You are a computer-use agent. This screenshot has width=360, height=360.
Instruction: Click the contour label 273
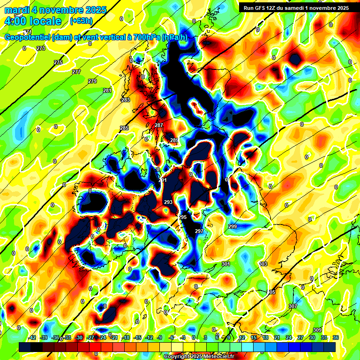41,48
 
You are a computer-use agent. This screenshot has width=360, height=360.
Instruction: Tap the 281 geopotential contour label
107,90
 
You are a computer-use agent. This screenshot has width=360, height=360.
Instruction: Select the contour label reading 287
159,125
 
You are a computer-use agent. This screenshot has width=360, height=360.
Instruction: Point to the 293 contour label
168,202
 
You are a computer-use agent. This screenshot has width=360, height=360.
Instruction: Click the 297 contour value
199,231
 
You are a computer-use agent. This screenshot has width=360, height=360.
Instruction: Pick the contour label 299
232,226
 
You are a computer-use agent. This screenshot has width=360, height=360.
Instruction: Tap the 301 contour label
226,264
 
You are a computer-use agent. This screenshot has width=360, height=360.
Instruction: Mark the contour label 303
263,264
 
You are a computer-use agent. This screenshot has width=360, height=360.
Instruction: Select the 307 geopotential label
293,306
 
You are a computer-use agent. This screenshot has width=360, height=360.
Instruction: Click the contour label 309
317,330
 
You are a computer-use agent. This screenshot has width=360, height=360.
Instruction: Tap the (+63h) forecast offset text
81,21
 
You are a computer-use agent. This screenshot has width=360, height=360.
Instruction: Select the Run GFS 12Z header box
294,8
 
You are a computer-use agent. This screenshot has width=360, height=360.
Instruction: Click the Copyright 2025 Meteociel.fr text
199,356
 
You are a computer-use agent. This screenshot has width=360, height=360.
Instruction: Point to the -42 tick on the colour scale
32,337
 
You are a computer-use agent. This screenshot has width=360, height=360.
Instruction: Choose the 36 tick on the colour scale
335,337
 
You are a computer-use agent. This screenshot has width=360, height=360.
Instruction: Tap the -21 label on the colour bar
114,337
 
